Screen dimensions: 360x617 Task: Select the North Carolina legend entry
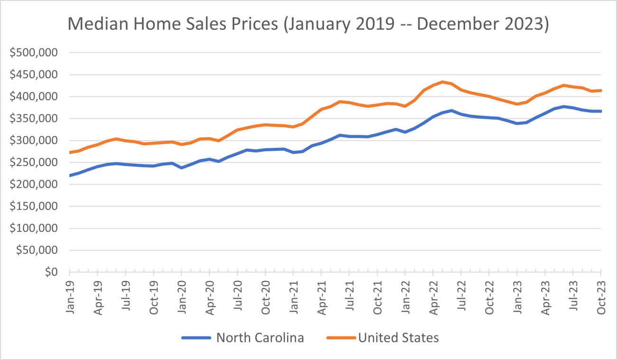[260, 338]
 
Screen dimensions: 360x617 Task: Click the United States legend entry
[398, 338]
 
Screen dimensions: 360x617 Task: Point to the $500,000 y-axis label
[34, 53]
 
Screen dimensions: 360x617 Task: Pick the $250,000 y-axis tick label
[34, 163]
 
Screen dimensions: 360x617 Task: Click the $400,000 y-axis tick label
[34, 97]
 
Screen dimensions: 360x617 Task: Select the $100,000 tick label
[34, 229]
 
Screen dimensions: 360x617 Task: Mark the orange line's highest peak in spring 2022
[442, 82]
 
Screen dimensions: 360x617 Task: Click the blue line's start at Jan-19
[70, 175]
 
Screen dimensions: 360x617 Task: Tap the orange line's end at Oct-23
[601, 91]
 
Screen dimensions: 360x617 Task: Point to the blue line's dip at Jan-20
[182, 168]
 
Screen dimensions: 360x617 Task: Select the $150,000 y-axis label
[34, 206]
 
